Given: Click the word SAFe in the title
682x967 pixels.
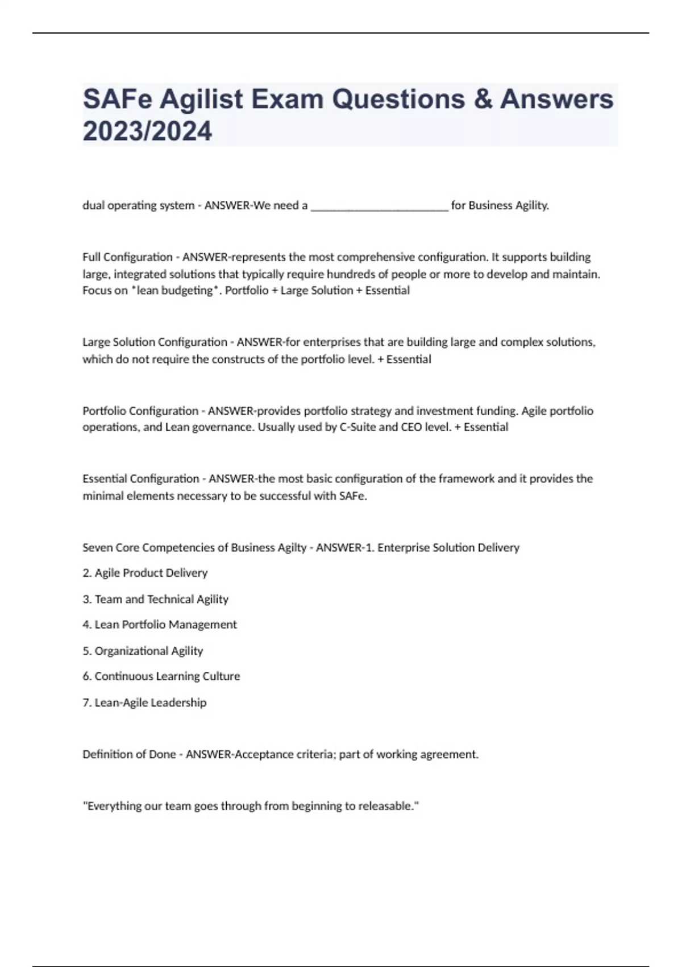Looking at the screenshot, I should click(x=117, y=100).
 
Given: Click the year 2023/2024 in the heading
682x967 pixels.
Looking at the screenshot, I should click(x=147, y=131).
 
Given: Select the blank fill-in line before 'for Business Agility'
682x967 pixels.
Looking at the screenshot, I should click(x=380, y=206).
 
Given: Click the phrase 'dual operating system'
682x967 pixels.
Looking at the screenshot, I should click(x=138, y=205).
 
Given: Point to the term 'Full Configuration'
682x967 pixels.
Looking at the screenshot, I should click(x=127, y=257).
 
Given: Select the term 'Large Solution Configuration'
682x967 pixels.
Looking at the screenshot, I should click(x=155, y=342).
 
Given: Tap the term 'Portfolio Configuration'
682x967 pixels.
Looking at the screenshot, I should click(x=140, y=411).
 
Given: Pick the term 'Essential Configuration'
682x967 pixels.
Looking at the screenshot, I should click(x=141, y=479).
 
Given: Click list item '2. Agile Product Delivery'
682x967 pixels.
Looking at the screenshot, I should click(x=145, y=573).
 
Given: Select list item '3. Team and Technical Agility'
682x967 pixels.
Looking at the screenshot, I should click(x=155, y=599).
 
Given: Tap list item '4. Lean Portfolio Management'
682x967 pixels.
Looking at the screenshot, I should click(x=159, y=625).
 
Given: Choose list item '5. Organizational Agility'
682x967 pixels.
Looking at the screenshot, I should click(x=143, y=651).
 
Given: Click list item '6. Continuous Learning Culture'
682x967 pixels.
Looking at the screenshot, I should click(x=161, y=676).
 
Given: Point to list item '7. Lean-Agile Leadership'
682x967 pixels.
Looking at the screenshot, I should click(x=144, y=702).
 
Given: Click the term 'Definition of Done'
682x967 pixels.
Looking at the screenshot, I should click(x=129, y=754).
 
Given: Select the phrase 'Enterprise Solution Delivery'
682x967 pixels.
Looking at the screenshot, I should click(x=448, y=548).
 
